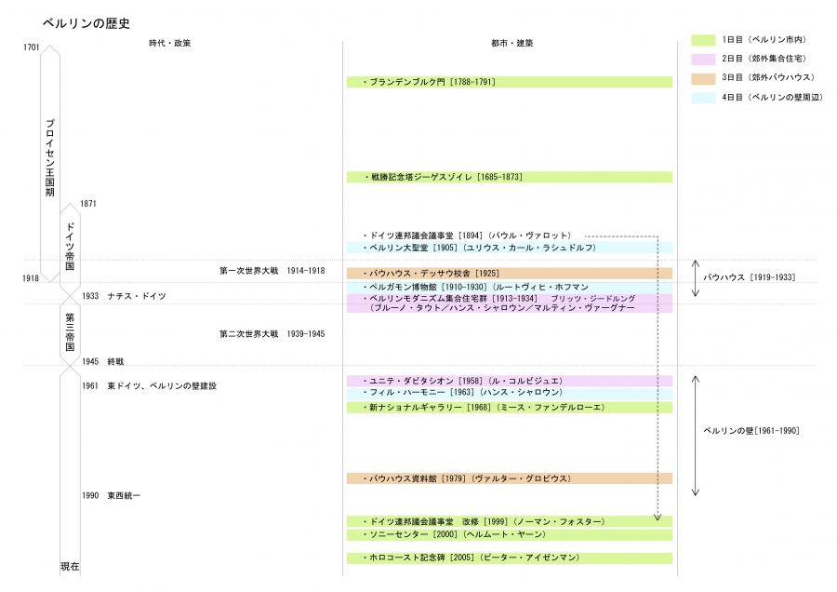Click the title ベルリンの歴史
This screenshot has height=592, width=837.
coord(86,23)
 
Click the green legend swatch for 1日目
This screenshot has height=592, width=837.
coord(703,40)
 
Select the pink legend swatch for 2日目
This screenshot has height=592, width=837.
coord(703,59)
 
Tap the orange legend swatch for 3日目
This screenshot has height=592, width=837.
coord(703,78)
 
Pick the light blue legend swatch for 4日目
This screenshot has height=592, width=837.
coord(703,98)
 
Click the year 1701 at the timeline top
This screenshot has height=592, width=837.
coord(31,47)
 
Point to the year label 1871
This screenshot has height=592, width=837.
coord(88,204)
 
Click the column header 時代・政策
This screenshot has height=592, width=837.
coord(170,43)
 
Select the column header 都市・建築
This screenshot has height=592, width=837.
coord(511,43)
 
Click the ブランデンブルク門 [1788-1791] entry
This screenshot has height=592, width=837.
coord(429,82)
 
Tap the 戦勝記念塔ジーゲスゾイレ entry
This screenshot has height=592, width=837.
coord(443,177)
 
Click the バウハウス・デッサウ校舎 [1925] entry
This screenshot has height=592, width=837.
coord(431,273)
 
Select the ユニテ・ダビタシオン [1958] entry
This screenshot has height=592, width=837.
coord(462,381)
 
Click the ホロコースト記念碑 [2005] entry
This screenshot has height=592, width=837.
coord(471,558)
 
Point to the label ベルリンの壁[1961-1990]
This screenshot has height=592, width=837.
coord(751,431)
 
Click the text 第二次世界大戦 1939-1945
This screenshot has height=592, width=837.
coord(272,334)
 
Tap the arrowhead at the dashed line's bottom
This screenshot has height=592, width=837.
coord(658,518)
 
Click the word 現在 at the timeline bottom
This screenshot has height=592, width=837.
coord(70,566)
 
